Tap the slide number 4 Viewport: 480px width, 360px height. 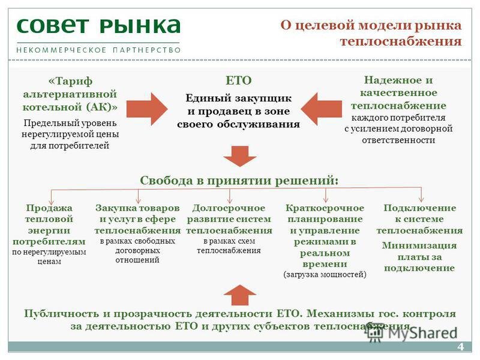pos(461,347)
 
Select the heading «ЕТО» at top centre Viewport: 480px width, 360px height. pos(238,80)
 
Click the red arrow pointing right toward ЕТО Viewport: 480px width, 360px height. pos(152,109)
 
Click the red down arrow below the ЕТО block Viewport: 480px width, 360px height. pos(239,156)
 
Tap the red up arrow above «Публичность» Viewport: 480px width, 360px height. pos(239,295)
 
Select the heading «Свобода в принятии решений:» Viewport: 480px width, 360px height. pos(239,180)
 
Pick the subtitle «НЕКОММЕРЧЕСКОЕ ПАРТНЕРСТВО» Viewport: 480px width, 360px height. pos(98,50)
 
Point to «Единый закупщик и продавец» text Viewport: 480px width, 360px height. pos(238,111)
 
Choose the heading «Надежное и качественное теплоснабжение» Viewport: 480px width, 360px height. pos(398,93)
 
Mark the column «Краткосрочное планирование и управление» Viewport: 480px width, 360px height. pos(325,236)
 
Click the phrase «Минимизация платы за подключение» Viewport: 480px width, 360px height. pos(419,256)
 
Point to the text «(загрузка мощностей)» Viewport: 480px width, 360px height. pos(324,274)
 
